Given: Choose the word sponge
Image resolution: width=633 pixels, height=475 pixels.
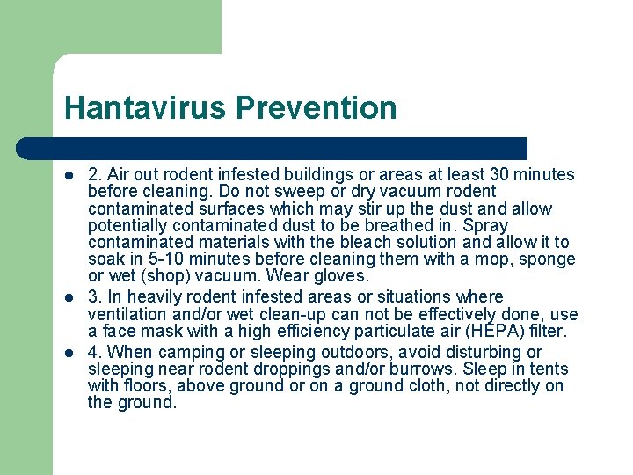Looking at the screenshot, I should [x=548, y=259].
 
